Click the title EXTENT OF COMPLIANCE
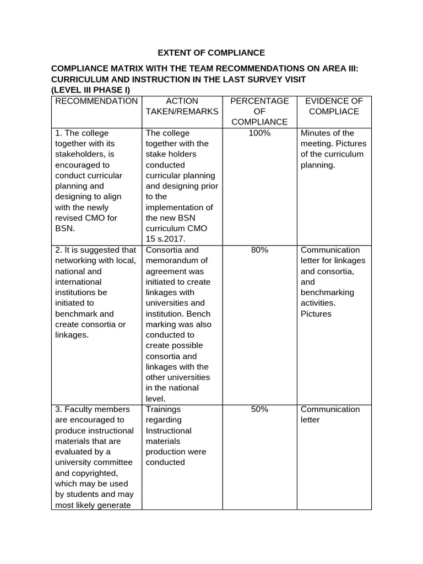[x=211, y=53]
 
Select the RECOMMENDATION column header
[x=96, y=101]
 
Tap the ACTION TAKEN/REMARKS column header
[x=182, y=106]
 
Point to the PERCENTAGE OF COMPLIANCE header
[x=259, y=111]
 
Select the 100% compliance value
[x=259, y=133]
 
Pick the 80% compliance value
[x=259, y=250]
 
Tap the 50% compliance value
[x=259, y=409]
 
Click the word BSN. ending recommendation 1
[x=66, y=229]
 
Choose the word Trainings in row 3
[x=163, y=409]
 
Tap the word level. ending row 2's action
[x=156, y=398]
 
